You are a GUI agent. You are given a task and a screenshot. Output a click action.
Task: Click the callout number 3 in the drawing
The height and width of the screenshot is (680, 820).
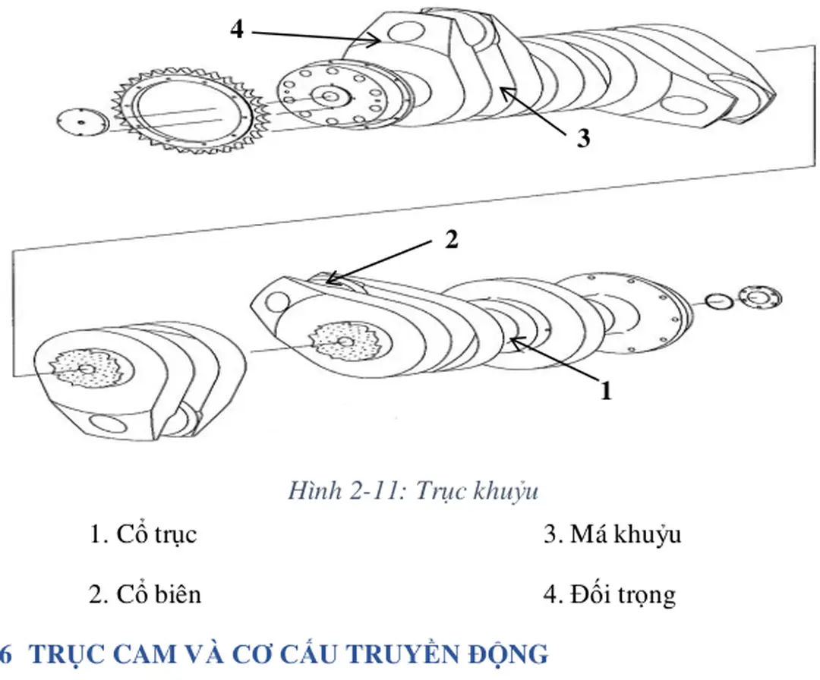point(582,140)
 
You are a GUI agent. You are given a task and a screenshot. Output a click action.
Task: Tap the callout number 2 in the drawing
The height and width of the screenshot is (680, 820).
point(451,240)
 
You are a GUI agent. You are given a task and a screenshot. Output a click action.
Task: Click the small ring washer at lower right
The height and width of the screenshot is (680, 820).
point(719,301)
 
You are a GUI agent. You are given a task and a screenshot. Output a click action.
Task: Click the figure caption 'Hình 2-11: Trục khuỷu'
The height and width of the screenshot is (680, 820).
point(412,491)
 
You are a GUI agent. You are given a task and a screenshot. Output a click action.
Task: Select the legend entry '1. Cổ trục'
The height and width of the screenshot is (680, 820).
point(143,534)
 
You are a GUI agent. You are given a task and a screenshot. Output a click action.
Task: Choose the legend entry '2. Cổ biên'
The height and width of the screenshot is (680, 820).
point(145,593)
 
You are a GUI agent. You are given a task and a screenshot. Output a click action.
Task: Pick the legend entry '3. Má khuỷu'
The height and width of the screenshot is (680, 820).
point(612,534)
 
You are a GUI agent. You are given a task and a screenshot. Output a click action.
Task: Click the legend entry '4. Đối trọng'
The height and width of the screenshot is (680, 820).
point(609,593)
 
